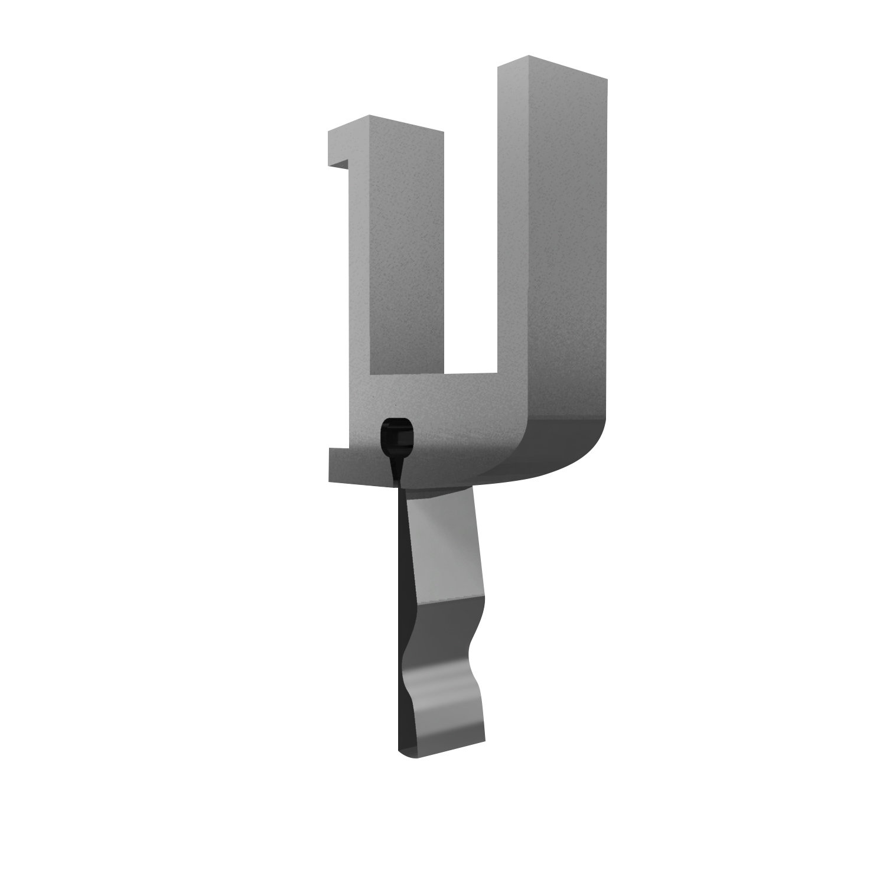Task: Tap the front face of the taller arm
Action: pos(514,236)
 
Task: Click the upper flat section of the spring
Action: pos(443,543)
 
